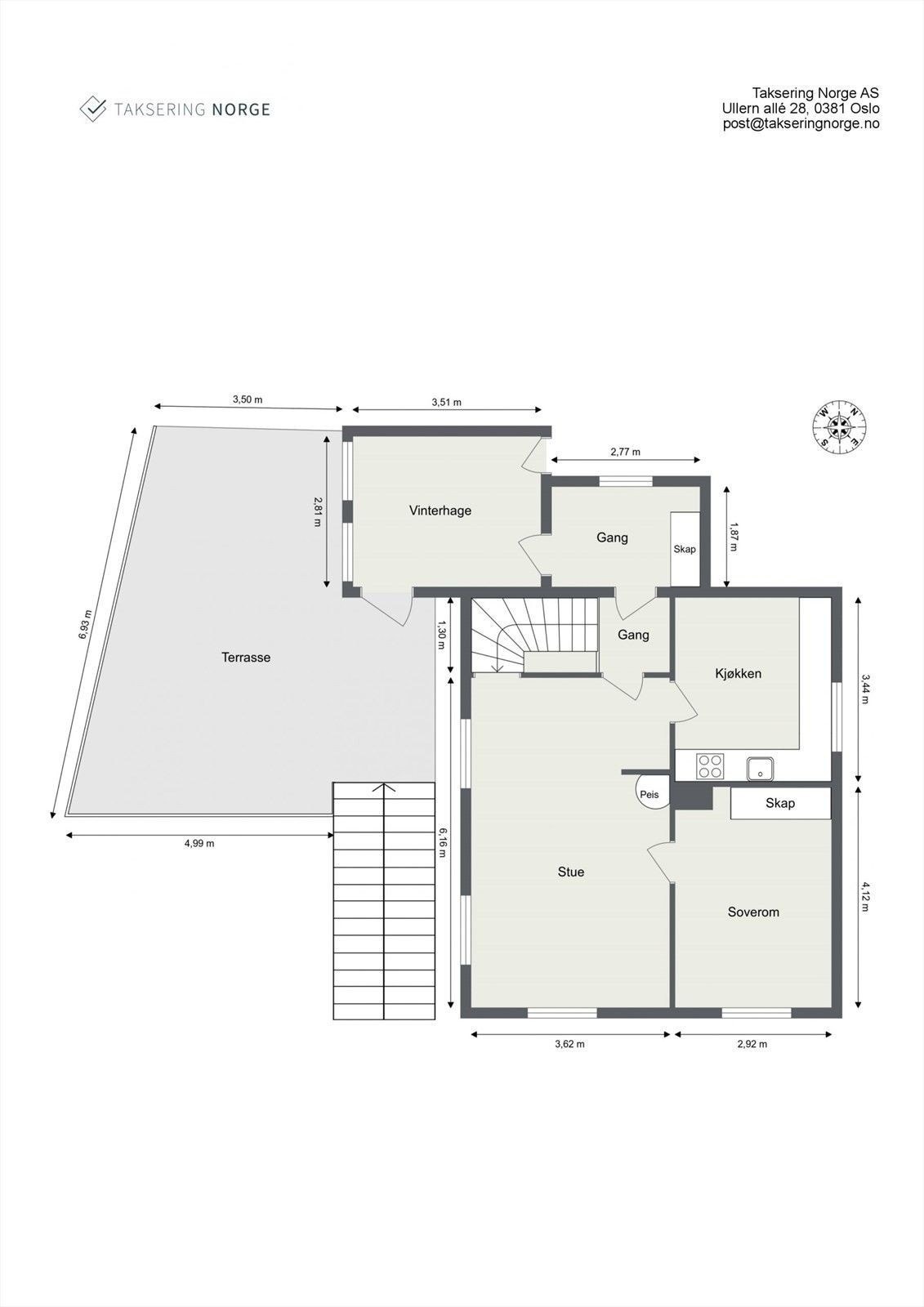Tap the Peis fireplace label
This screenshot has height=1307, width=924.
(649, 794)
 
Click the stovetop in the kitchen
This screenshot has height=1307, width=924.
(709, 766)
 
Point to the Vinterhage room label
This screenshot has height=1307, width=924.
(440, 511)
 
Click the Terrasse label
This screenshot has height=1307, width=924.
(246, 657)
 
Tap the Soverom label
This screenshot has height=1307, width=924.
(753, 912)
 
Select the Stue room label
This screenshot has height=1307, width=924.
(571, 872)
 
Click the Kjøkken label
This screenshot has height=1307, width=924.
(738, 673)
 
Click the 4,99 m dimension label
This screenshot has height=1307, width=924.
(199, 843)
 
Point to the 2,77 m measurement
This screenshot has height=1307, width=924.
(626, 452)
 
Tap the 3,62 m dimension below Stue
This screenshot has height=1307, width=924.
(569, 1043)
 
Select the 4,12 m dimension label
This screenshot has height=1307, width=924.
(866, 896)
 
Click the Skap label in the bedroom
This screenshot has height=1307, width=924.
(780, 803)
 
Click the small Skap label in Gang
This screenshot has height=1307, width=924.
(685, 549)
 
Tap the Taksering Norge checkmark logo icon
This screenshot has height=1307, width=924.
(92, 109)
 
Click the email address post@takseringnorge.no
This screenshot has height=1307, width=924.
(801, 123)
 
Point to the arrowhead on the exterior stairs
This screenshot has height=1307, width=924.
(384, 788)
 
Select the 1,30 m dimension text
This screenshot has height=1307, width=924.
(442, 635)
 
